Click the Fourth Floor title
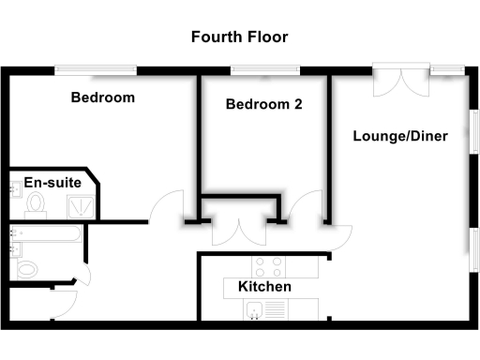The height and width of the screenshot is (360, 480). [x=239, y=37]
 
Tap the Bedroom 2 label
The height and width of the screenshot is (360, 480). [x=263, y=105]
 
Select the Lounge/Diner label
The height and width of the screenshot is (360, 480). [x=400, y=136]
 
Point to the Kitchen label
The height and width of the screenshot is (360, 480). [x=264, y=287]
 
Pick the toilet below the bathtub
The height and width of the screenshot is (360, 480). [x=28, y=268]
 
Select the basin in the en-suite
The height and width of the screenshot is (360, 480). [x=16, y=190]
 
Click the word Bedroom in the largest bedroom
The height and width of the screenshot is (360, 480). [x=103, y=97]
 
